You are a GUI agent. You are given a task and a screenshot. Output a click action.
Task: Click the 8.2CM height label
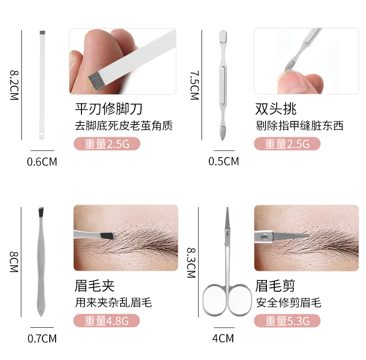(13, 86)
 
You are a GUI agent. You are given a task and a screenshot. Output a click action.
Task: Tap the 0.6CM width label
(41, 161)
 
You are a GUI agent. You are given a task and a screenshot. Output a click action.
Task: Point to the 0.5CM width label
(224, 161)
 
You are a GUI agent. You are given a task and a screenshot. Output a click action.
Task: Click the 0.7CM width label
(41, 338)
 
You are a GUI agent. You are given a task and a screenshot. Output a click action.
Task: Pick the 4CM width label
(224, 338)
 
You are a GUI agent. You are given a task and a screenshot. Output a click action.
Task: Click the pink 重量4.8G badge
(106, 321)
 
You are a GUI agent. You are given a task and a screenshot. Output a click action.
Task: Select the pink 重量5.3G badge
(287, 321)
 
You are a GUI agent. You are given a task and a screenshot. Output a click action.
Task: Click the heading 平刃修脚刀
(109, 108)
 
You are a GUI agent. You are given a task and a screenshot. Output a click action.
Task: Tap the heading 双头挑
(276, 108)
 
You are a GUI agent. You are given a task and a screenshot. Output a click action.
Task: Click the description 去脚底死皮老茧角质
(123, 126)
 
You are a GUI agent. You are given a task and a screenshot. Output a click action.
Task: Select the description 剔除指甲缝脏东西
(299, 126)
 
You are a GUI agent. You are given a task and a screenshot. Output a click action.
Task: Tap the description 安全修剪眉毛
(288, 303)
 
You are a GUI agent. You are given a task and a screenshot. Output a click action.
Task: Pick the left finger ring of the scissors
(216, 298)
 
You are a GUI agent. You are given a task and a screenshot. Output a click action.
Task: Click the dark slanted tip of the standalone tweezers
(41, 213)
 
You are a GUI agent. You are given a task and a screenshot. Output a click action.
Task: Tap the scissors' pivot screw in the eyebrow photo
(265, 238)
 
